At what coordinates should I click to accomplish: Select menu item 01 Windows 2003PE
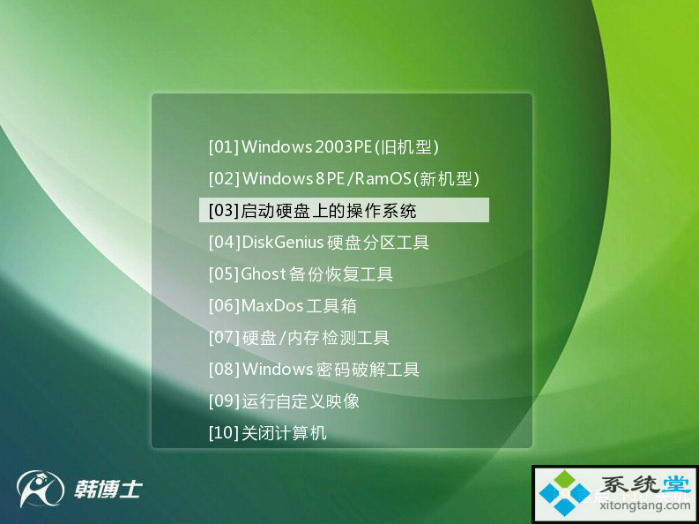tap(323, 147)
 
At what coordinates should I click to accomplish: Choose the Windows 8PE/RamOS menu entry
tap(344, 179)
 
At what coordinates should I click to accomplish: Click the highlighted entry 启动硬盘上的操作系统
tap(344, 210)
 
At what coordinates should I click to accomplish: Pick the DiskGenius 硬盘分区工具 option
tap(319, 243)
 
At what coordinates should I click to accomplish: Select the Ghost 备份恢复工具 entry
tap(301, 273)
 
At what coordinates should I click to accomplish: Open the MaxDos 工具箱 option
tap(283, 306)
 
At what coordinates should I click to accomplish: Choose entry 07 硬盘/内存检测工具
tap(299, 338)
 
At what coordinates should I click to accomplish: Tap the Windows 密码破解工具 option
tap(314, 370)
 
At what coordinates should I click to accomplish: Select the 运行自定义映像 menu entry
tap(284, 401)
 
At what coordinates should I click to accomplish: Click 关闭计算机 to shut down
tap(267, 432)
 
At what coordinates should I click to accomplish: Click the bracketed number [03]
tap(224, 211)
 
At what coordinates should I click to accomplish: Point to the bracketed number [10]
tap(224, 432)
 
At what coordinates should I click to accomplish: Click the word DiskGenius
tap(282, 243)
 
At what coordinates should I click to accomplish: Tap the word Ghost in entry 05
tap(263, 273)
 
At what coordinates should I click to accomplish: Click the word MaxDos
tap(272, 306)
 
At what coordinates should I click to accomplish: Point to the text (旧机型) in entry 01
tap(405, 147)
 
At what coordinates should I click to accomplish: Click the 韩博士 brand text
tap(108, 490)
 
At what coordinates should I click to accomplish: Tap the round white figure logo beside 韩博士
tap(41, 489)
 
